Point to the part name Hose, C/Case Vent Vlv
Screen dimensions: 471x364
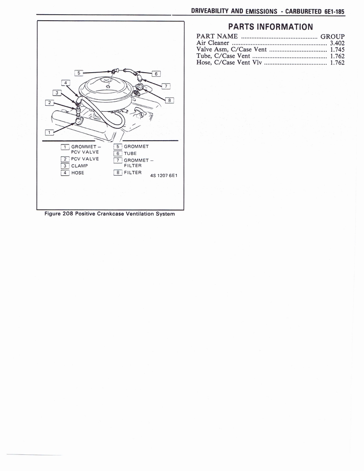click(229, 63)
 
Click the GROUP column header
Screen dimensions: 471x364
click(333, 36)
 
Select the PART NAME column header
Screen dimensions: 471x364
click(217, 36)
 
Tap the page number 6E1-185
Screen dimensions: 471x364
click(331, 12)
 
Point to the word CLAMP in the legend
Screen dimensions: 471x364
click(79, 166)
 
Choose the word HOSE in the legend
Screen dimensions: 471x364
click(78, 172)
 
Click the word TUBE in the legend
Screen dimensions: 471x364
click(130, 153)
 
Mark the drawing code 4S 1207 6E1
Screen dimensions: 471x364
click(164, 175)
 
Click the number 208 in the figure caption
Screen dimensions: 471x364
click(68, 214)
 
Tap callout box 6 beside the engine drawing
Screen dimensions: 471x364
click(156, 73)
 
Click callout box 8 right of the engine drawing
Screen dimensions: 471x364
click(169, 100)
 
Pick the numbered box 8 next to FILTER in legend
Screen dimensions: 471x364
click(117, 172)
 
